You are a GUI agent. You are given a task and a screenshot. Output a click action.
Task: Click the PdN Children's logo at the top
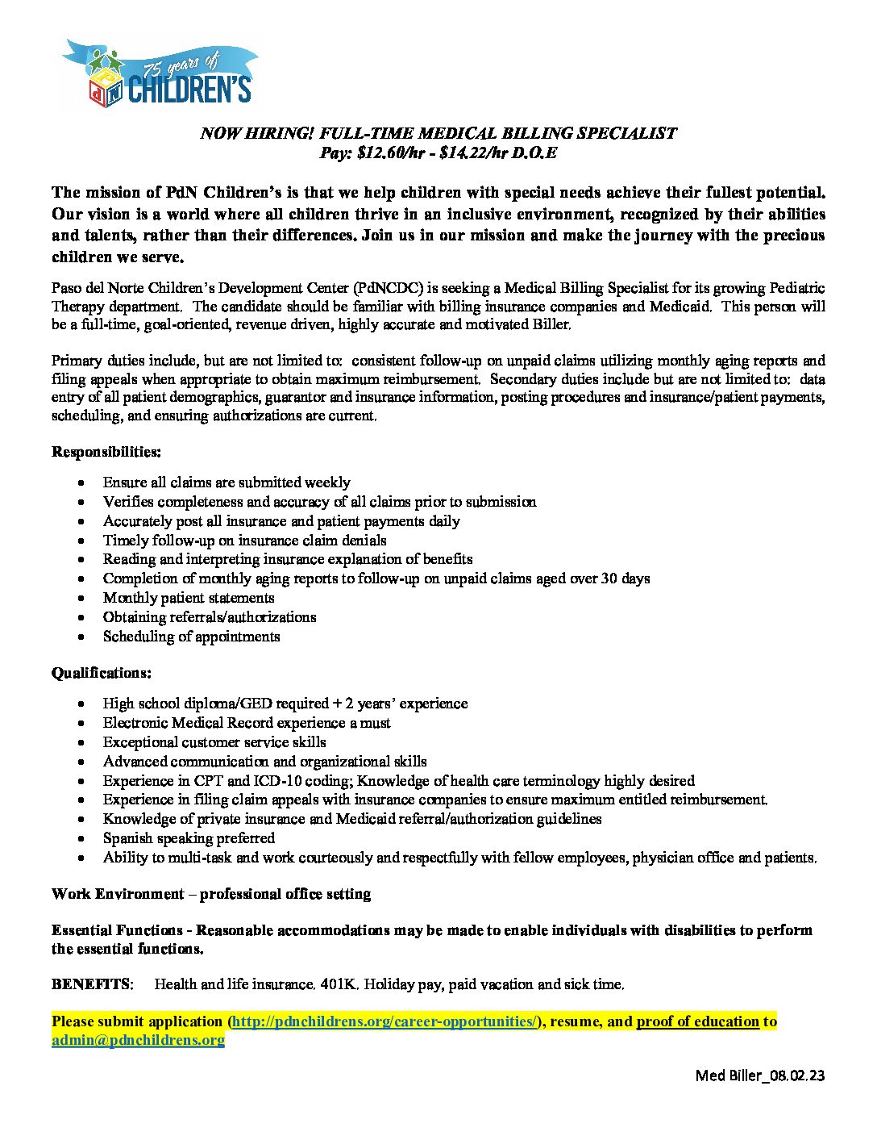[159, 73]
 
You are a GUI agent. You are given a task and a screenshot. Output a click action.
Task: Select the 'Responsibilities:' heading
[106, 451]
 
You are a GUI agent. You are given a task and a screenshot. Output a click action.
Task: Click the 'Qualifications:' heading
[102, 672]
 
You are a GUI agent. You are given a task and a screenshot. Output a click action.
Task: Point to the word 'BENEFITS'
[90, 984]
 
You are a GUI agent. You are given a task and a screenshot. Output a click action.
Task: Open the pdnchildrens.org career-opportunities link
[384, 1021]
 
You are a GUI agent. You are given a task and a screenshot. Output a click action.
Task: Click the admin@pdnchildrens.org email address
[138, 1040]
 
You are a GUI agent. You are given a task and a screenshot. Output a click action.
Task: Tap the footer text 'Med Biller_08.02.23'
[760, 1075]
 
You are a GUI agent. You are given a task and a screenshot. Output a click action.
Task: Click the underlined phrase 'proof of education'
[698, 1021]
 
